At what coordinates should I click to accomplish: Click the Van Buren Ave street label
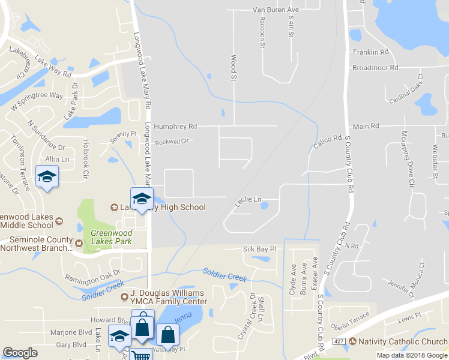(276, 10)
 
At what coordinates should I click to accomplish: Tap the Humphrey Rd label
(175, 127)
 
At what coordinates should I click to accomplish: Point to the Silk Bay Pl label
(259, 248)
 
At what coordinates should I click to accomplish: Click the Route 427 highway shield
(339, 341)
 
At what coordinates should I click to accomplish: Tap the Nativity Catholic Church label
(398, 341)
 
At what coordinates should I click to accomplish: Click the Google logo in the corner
(20, 353)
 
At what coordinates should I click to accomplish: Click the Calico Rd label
(327, 142)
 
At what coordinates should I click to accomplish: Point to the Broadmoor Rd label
(375, 68)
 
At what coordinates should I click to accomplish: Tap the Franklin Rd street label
(371, 52)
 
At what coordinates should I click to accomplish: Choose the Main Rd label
(366, 126)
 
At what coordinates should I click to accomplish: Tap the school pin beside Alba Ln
(47, 177)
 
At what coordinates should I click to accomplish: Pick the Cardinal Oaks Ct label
(406, 88)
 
